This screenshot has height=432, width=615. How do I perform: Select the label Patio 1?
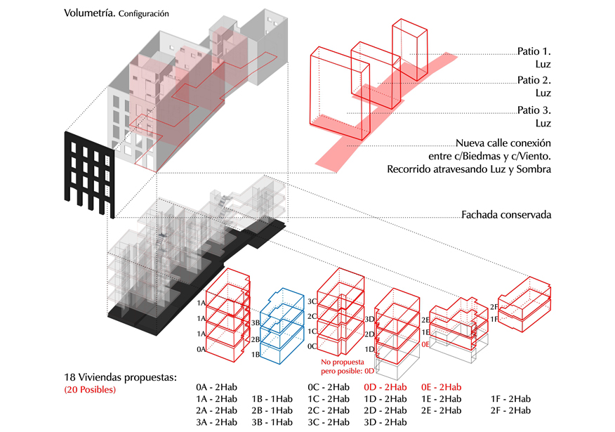coord(534,51)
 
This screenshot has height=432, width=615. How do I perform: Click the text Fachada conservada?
coord(505,214)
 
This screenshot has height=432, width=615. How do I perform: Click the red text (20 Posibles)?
coord(90,389)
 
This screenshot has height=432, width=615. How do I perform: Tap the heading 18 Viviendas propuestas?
coord(120,377)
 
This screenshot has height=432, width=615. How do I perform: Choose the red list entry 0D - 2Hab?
coord(385,387)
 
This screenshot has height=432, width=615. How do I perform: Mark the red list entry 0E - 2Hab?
coord(441,387)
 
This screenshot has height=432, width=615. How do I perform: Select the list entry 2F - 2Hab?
coord(510,410)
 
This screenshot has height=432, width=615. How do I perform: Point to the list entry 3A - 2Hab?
coord(217,422)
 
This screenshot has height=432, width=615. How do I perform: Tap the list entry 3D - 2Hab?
coord(385,422)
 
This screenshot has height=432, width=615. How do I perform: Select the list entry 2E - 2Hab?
coord(441,410)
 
